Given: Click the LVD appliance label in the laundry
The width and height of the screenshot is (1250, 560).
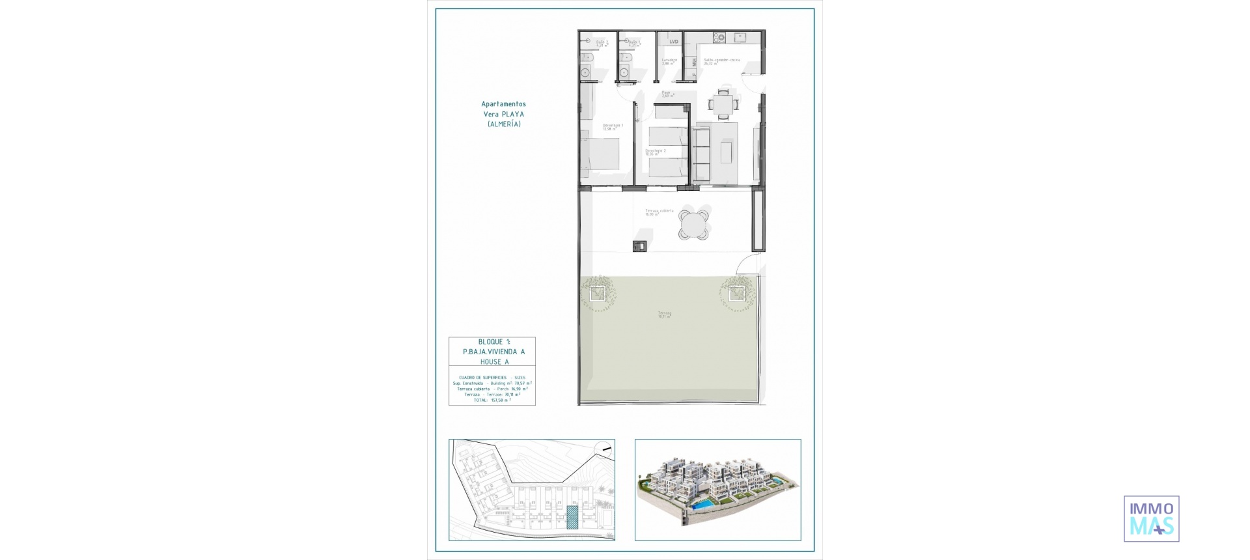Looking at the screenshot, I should pyautogui.click(x=674, y=42).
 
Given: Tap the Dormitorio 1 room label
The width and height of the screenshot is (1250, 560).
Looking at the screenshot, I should pyautogui.click(x=612, y=126).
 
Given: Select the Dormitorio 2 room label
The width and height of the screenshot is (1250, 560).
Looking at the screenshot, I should pyautogui.click(x=655, y=152).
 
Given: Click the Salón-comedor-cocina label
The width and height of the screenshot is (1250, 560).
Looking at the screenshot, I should pyautogui.click(x=721, y=61).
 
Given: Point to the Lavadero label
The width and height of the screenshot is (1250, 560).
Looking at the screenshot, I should pyautogui.click(x=669, y=61).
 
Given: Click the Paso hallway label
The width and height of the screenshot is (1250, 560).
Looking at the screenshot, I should pyautogui.click(x=667, y=94).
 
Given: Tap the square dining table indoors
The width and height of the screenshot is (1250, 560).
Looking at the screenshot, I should pyautogui.click(x=723, y=104).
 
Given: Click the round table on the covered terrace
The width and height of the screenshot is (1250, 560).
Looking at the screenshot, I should pyautogui.click(x=693, y=225).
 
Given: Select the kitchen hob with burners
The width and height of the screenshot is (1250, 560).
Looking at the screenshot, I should pyautogui.click(x=719, y=38).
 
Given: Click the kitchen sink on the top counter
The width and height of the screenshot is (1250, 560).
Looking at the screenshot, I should pyautogui.click(x=740, y=37).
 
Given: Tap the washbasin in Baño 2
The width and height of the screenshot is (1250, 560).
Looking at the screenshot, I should pyautogui.click(x=585, y=72).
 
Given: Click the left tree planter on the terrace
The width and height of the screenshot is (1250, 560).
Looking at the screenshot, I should pyautogui.click(x=598, y=294).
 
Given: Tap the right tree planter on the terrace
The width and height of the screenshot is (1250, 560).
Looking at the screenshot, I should pyautogui.click(x=737, y=294).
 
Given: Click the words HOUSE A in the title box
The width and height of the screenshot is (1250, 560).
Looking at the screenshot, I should pyautogui.click(x=494, y=362).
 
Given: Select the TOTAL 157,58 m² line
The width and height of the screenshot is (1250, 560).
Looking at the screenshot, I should pyautogui.click(x=492, y=400).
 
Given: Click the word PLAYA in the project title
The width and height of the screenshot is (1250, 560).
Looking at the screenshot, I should pyautogui.click(x=512, y=115).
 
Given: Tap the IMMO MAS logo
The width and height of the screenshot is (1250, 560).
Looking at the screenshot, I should pyautogui.click(x=1151, y=518).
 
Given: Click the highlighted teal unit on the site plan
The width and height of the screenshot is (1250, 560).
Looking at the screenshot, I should pyautogui.click(x=572, y=517).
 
